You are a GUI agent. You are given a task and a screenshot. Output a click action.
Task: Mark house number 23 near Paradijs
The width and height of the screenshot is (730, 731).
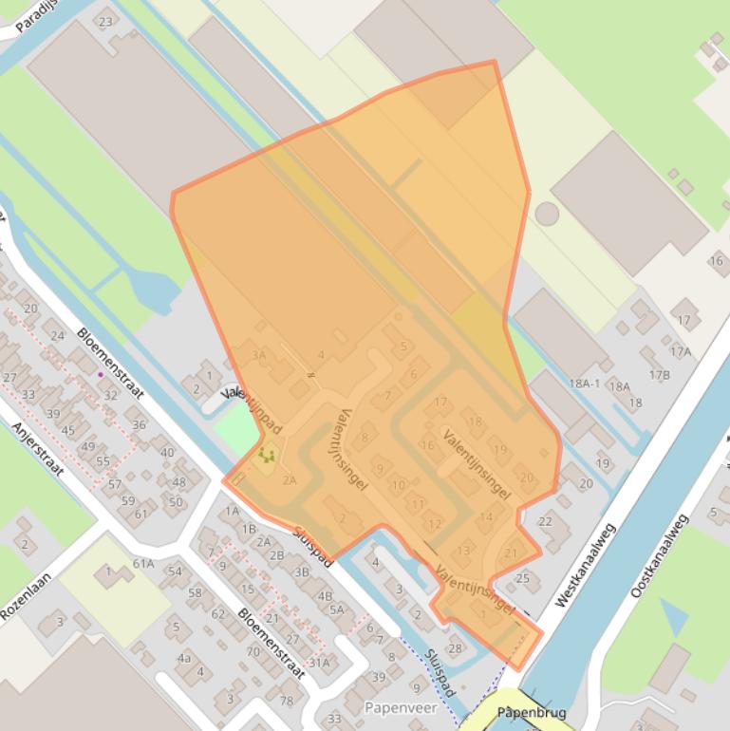click(x=105, y=22)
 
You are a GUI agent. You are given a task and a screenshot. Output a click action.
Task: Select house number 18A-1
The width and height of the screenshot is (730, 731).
click(x=586, y=383)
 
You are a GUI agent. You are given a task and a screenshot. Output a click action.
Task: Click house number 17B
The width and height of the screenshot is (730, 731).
click(x=660, y=375)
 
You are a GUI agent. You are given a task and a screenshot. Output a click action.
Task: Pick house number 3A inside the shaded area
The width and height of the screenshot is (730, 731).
click(x=258, y=355)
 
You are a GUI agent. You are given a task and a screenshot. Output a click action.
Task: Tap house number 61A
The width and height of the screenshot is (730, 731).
click(x=143, y=564)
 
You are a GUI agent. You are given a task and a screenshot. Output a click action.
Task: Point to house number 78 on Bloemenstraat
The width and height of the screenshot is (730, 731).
click(x=287, y=701)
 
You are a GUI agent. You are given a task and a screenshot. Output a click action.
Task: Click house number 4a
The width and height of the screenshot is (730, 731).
click(x=184, y=657)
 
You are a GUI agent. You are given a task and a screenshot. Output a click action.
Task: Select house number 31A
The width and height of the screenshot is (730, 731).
click(x=320, y=663)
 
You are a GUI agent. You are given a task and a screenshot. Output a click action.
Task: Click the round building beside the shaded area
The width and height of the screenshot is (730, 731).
click(x=547, y=213)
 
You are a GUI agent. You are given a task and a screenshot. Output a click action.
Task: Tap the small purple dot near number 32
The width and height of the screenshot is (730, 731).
click(x=101, y=374)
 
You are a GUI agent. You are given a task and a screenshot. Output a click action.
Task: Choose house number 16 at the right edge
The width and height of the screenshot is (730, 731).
click(x=716, y=261)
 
